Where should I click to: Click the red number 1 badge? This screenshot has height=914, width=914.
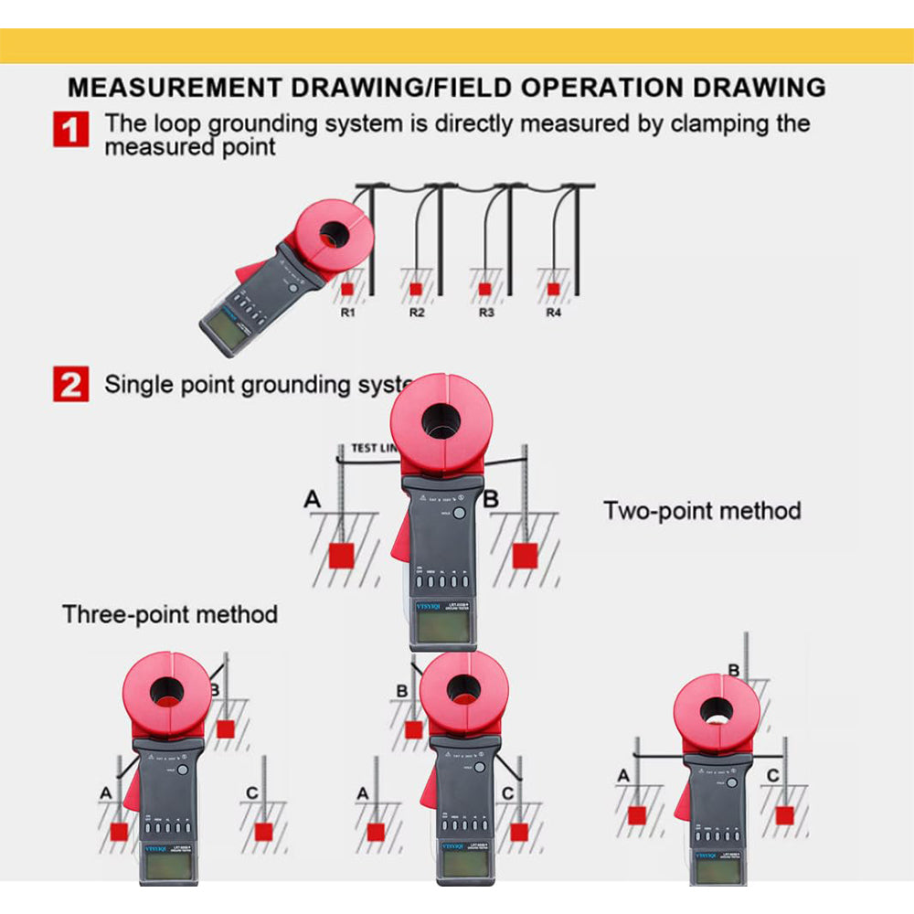point(70,129)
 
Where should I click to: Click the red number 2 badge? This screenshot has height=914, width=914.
point(70,384)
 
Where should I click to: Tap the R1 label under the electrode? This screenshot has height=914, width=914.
point(348,313)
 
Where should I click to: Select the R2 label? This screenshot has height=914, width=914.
point(417,313)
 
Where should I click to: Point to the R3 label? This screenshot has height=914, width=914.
point(486,313)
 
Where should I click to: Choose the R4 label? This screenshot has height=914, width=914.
point(553,313)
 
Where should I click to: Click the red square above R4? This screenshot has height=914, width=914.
point(553,289)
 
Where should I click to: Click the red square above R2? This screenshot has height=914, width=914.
point(416,289)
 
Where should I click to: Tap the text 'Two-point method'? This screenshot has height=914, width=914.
point(702,510)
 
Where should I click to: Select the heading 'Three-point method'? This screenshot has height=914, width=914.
point(170,613)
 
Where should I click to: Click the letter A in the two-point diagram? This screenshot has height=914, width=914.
point(314,499)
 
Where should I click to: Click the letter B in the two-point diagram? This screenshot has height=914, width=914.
point(491,499)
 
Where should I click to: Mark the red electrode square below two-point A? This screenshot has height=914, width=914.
point(341,555)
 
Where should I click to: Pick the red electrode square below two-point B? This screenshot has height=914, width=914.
point(524,555)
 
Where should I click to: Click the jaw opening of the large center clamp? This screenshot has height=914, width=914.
point(441,421)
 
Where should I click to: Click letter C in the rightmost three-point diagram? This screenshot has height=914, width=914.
point(773,776)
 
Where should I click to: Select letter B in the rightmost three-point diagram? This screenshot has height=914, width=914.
point(733,670)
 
